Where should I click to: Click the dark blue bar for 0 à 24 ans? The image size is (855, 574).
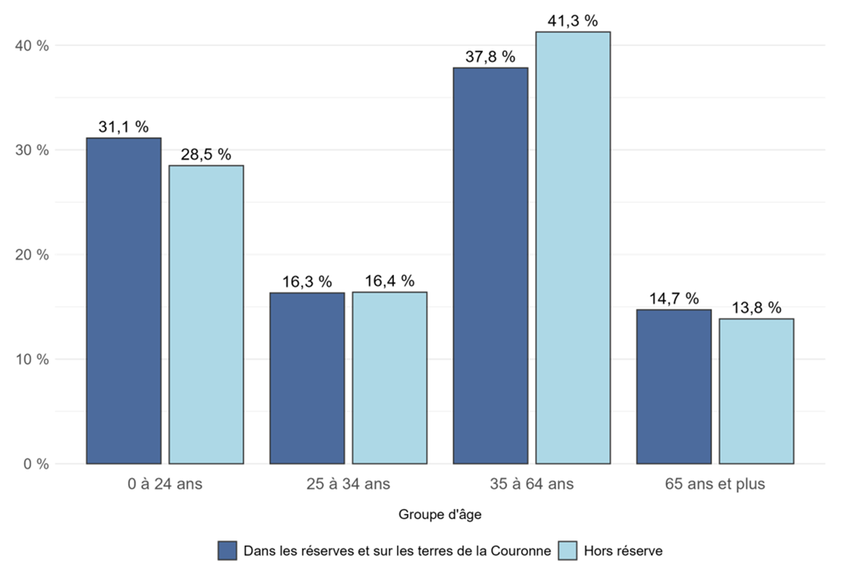(x=123, y=301)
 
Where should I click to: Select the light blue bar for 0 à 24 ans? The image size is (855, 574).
(x=206, y=314)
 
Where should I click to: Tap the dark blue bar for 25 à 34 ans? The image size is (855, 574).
(x=307, y=378)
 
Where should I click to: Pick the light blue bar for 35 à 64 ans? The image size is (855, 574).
(x=573, y=248)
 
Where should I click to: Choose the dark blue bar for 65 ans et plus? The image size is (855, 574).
(x=674, y=387)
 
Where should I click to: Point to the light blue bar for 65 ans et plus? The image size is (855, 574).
(x=756, y=391)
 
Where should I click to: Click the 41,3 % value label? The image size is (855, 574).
(x=573, y=21)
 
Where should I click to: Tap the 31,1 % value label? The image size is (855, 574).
(x=123, y=127)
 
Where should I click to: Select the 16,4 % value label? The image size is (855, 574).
(x=389, y=281)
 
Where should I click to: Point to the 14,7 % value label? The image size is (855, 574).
(x=674, y=298)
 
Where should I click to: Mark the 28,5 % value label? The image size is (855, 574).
(x=206, y=155)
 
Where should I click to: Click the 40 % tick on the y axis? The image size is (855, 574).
(x=32, y=46)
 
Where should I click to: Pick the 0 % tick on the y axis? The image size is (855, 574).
(x=35, y=464)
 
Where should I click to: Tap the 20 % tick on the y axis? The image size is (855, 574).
(x=32, y=255)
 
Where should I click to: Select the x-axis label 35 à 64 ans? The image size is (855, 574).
(x=532, y=484)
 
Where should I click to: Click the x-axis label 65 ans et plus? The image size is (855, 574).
(x=715, y=484)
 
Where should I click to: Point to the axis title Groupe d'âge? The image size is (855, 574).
(x=440, y=515)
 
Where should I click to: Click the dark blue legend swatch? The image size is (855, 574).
(x=227, y=551)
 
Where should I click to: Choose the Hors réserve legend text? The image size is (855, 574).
(x=623, y=551)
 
